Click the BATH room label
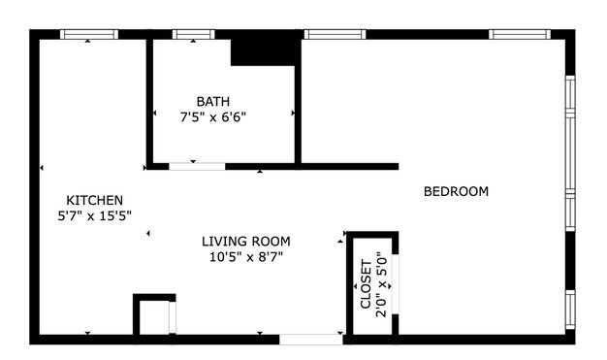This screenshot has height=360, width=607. (x=213, y=102)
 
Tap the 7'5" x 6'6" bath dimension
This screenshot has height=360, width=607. (x=213, y=116)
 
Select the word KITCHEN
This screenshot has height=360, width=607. (x=94, y=200)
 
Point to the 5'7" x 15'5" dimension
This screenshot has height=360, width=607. (x=94, y=215)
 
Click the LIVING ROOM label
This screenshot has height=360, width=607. (x=246, y=242)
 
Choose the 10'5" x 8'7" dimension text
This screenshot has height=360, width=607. (x=246, y=256)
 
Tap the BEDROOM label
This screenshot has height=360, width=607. (x=456, y=191)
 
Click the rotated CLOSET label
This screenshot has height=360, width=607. (x=366, y=284)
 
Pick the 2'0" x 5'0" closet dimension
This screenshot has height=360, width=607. (x=381, y=285)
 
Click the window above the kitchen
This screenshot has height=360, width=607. (x=89, y=35)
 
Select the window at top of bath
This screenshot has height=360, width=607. (x=193, y=35)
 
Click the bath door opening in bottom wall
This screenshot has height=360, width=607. (x=197, y=167)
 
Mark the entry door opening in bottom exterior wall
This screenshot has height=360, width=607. (x=311, y=340)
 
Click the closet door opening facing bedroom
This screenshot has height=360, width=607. (x=396, y=284)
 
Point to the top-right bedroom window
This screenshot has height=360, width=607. (x=520, y=35)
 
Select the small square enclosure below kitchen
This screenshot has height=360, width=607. (x=154, y=314)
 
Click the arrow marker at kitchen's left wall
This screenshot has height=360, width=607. (x=42, y=168)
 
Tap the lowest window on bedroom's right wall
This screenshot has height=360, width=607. (x=570, y=310)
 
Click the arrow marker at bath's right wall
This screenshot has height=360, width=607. (x=293, y=114)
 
